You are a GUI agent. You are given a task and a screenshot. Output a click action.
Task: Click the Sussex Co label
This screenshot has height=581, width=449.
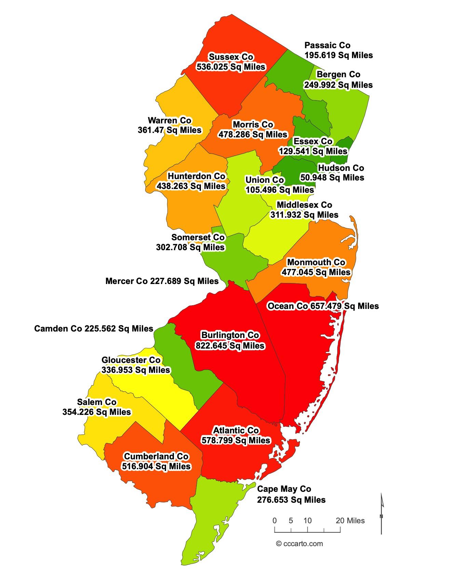pyautogui.click(x=231, y=57)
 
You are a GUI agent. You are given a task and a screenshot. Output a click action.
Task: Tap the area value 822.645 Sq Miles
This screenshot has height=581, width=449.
pyautogui.click(x=230, y=346)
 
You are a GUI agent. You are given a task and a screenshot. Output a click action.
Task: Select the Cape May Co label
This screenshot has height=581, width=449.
pyautogui.click(x=284, y=489)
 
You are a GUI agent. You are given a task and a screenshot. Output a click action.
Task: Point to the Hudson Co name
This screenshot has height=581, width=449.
pyautogui.click(x=341, y=168)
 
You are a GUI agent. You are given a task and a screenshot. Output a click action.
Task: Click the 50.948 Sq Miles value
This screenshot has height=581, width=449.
pyautogui.click(x=332, y=178)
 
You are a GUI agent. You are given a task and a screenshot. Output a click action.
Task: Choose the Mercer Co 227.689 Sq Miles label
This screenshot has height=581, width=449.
pyautogui.click(x=162, y=281)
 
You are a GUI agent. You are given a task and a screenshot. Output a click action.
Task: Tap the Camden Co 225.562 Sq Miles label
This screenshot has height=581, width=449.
pyautogui.click(x=94, y=329)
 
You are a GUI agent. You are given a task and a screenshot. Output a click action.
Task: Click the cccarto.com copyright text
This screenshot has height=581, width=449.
pyautogui.click(x=299, y=544)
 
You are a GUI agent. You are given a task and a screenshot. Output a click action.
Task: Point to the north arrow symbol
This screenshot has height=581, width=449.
pyautogui.click(x=382, y=513)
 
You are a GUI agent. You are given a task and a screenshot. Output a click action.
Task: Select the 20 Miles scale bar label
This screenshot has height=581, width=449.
pyautogui.click(x=350, y=521)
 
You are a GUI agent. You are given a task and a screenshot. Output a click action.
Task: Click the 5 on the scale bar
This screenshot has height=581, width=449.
pyautogui.click(x=291, y=521)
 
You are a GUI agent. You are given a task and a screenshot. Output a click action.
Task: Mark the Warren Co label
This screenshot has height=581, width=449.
pyautogui.click(x=169, y=120)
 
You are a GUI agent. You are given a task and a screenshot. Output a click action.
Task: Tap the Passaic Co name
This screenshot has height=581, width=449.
pyautogui.click(x=327, y=45)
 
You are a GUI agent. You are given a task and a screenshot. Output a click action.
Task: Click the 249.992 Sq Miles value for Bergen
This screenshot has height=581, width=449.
pyautogui.click(x=338, y=85)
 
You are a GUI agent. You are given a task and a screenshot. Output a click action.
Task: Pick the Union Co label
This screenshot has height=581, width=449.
pyautogui.click(x=264, y=180)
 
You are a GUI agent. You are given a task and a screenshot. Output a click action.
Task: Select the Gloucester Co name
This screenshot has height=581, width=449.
pyautogui.click(x=131, y=360)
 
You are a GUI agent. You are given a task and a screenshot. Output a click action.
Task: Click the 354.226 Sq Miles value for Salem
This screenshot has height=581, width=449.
pyautogui.click(x=97, y=412)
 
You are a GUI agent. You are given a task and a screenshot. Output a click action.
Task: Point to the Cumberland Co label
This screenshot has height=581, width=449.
pyautogui.click(x=156, y=456)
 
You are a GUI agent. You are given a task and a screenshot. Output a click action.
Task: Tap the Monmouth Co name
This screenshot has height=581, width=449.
pyautogui.click(x=316, y=262)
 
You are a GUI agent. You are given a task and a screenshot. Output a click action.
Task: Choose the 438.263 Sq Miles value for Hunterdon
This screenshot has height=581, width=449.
pyautogui.click(x=191, y=186)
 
